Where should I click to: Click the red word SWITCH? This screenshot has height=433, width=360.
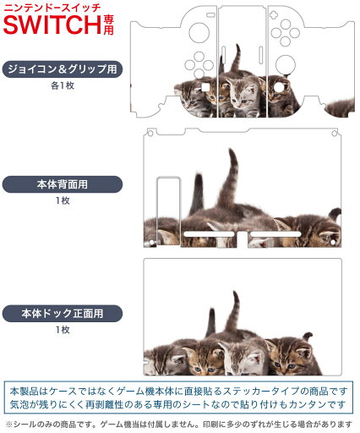pos(52,25)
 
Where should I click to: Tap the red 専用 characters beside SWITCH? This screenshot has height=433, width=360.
pos(108,25)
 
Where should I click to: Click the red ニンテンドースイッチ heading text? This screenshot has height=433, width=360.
pos(52,8)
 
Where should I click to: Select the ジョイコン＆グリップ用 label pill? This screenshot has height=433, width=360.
pos(63,69)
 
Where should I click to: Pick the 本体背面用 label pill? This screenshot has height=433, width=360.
pos(63,184)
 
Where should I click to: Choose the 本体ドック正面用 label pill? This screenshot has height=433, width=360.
pos(63,314)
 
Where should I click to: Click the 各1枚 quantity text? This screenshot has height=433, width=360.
pos(63,85)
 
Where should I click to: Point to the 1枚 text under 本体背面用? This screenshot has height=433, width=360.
pos(63,200)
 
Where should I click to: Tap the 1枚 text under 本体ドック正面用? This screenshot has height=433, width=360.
pos(63,330)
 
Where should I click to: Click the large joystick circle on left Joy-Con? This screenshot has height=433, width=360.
pos(199,32)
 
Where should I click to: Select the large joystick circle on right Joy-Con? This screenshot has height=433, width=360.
pos(286,64)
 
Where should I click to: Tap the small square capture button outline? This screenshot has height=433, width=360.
pos(205,87)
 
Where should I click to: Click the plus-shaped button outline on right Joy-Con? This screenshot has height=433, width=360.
pos(273,14)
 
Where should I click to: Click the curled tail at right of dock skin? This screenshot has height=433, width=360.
pos(308,336)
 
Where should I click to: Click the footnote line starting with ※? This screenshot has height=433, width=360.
pos(179,424)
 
